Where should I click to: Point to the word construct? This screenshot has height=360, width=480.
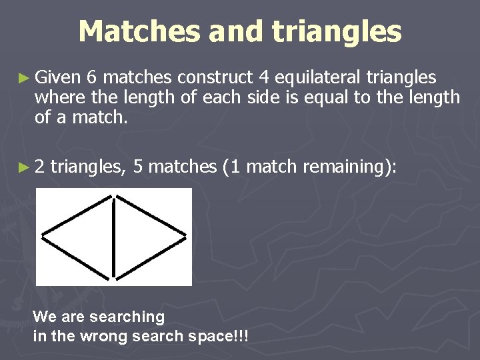pos(217,78)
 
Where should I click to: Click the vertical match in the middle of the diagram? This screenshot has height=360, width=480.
pos(115,237)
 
